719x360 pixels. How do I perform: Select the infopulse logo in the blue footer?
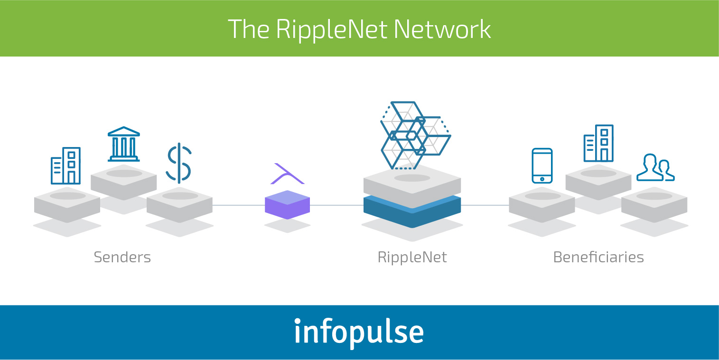[359, 332]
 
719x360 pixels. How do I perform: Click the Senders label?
[122, 258]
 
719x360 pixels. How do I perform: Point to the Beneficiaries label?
[598, 258]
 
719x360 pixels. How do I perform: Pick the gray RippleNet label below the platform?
[412, 258]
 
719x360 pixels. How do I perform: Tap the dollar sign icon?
[179, 163]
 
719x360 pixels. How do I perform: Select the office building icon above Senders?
[65, 166]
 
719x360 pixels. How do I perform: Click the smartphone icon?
[542, 166]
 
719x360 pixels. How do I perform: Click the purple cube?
[287, 205]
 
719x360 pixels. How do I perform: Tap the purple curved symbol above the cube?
[287, 175]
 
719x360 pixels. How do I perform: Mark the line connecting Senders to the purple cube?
[238, 205]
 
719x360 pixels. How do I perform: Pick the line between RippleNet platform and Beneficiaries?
[485, 205]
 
